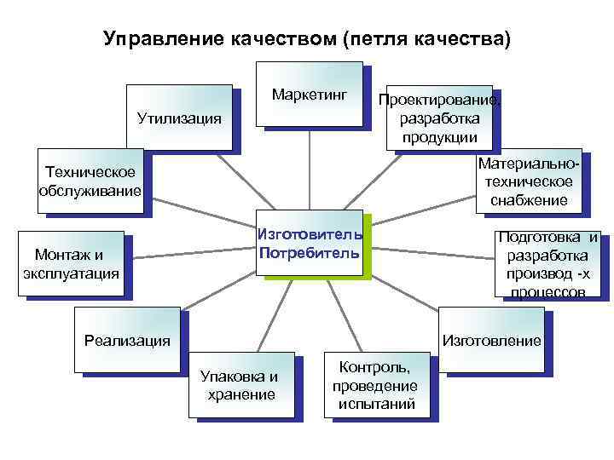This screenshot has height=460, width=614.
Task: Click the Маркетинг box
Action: coord(312,94)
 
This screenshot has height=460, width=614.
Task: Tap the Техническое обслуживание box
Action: coord(90,180)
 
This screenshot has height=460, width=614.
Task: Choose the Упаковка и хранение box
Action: coord(240,384)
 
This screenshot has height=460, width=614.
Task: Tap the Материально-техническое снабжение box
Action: coord(528,181)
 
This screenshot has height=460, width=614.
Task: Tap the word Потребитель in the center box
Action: coord(310,253)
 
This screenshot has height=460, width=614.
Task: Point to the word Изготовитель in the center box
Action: coord(310,234)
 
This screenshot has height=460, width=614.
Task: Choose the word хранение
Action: coord(241,394)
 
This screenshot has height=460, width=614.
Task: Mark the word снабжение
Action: coord(528,200)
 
